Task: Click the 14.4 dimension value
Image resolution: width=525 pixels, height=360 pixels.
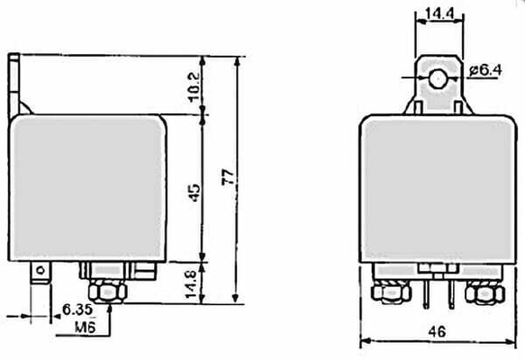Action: tap(439, 13)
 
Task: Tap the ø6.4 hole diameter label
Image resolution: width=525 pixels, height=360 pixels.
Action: tap(485, 70)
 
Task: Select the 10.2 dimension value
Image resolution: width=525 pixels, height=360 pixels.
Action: tap(195, 87)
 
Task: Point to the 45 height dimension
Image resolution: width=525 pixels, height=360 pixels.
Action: tap(195, 193)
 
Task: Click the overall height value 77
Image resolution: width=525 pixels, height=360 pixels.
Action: tap(229, 177)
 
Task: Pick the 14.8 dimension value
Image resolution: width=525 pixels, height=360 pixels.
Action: tap(191, 284)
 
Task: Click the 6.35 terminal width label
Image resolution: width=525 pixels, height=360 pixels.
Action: tap(77, 310)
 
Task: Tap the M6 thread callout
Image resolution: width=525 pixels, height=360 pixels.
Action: tap(85, 328)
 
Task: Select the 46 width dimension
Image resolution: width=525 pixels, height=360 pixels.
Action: tap(438, 332)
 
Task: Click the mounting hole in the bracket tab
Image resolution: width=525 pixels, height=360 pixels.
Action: tap(438, 78)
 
